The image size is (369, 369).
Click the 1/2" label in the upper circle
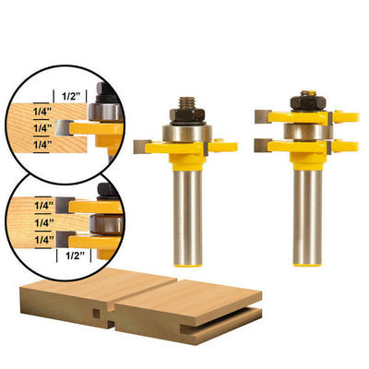[71, 96]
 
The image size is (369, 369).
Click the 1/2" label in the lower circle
[75, 256]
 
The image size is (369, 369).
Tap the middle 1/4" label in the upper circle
[42, 128]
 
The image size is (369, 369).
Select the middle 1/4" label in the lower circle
[43, 222]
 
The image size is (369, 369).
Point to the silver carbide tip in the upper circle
[64, 128]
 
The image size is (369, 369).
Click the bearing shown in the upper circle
[105, 112]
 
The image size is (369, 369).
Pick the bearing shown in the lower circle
[106, 224]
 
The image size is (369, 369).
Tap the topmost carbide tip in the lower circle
[65, 206]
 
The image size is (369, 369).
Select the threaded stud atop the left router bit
[187, 101]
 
